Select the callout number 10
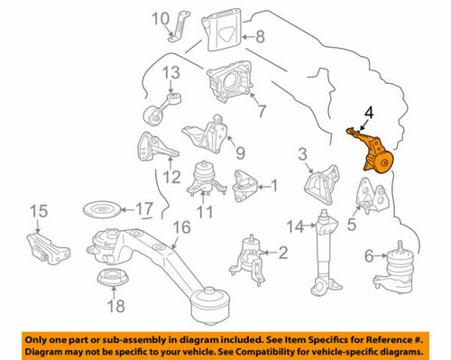click(160, 18)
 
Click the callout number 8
click(261, 37)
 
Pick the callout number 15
click(36, 212)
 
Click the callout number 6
click(367, 257)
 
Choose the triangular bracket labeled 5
click(370, 197)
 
